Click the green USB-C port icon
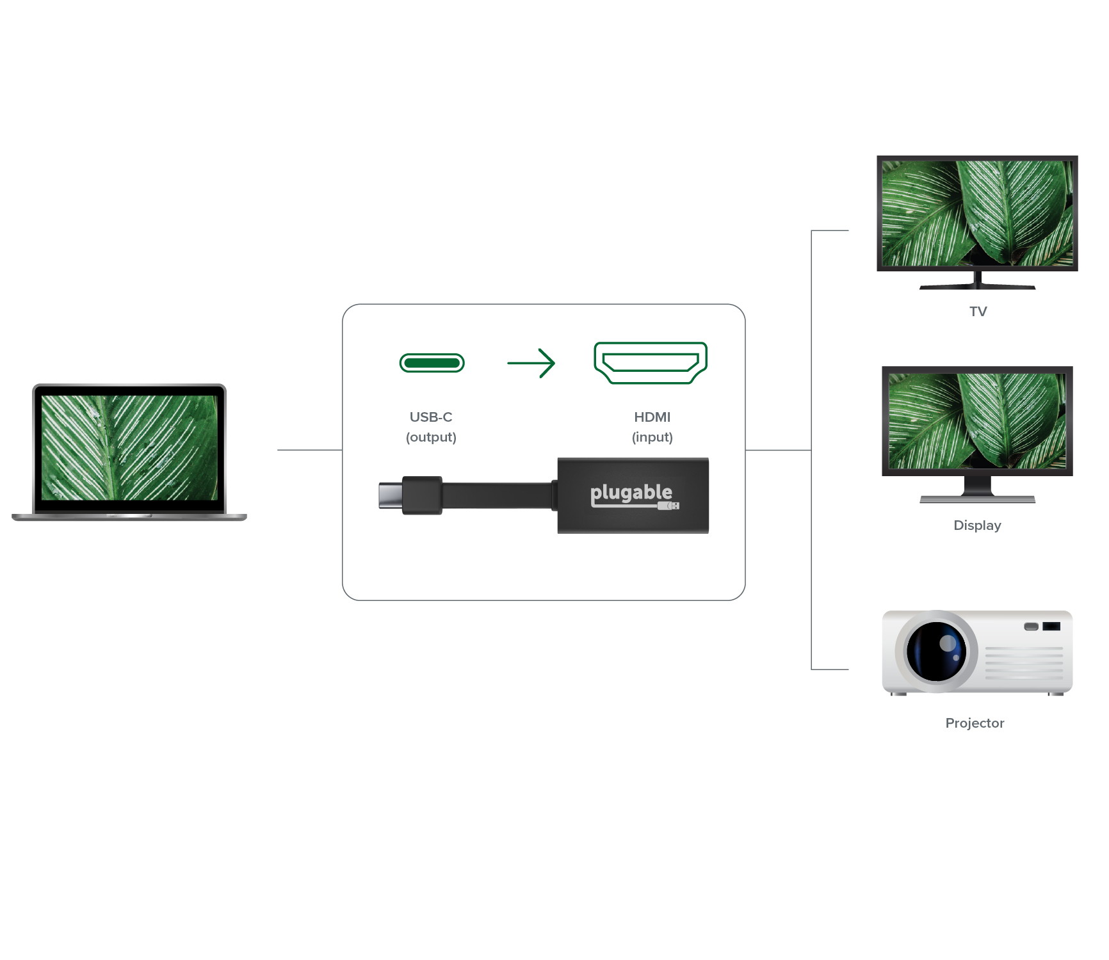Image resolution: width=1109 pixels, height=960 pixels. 432,364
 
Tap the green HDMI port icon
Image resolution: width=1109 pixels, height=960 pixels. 651,363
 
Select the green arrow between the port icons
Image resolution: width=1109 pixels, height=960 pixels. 531,363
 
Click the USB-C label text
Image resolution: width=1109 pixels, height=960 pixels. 431,417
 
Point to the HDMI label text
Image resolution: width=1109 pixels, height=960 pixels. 652,417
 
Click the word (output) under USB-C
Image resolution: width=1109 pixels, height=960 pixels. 431,437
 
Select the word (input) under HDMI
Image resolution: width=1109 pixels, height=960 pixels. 652,437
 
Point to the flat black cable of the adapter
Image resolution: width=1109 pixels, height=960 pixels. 497,495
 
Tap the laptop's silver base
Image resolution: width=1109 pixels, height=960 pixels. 129,517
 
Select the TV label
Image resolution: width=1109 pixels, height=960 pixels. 978,312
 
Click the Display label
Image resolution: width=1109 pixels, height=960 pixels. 977,525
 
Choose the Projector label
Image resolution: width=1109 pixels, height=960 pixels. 975,723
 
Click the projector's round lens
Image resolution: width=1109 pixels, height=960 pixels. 936,652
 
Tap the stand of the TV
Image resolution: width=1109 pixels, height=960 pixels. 977,282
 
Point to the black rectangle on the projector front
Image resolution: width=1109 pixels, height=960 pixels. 1051,626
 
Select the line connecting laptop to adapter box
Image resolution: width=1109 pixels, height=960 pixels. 309,450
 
